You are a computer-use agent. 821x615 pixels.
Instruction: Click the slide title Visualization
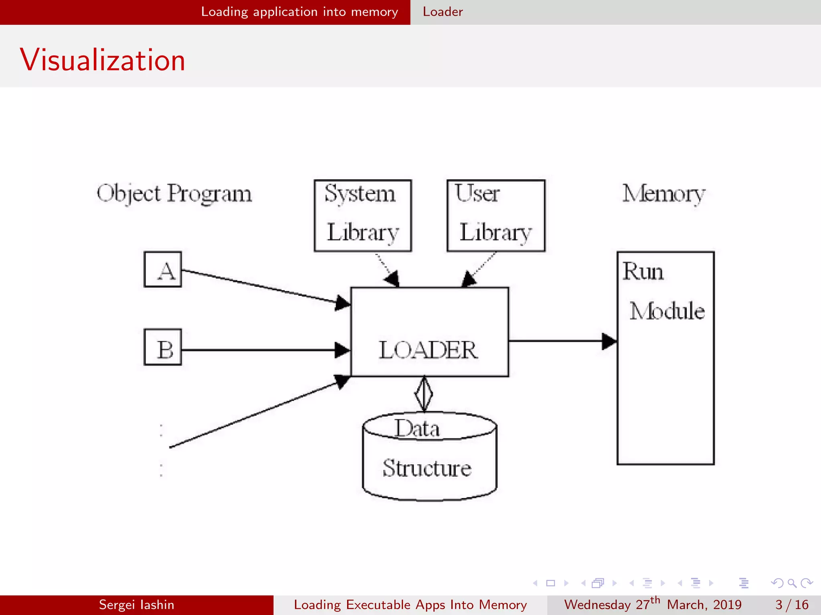pyautogui.click(x=103, y=60)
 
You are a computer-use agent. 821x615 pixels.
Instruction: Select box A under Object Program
pyautogui.click(x=163, y=269)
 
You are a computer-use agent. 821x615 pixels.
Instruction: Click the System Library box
pyautogui.click(x=363, y=215)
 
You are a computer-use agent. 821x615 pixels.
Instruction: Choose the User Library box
pyautogui.click(x=496, y=215)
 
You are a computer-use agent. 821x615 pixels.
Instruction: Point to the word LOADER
pyautogui.click(x=428, y=350)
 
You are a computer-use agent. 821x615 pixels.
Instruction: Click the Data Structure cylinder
pyautogui.click(x=429, y=460)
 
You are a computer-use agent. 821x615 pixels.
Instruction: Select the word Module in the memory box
pyautogui.click(x=667, y=311)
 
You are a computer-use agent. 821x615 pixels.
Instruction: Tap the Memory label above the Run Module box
pyautogui.click(x=663, y=194)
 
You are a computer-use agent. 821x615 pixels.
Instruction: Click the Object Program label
pyautogui.click(x=174, y=194)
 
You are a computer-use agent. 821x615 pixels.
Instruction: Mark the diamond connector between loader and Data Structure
pyautogui.click(x=424, y=394)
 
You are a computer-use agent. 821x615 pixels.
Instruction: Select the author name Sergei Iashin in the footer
pyautogui.click(x=136, y=605)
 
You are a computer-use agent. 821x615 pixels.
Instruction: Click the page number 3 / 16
pyautogui.click(x=792, y=605)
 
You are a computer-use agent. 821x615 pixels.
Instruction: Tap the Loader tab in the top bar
pyautogui.click(x=443, y=12)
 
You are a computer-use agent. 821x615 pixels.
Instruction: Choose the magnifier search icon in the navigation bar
pyautogui.click(x=792, y=583)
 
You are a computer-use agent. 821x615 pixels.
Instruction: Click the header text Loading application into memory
pyautogui.click(x=299, y=12)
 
